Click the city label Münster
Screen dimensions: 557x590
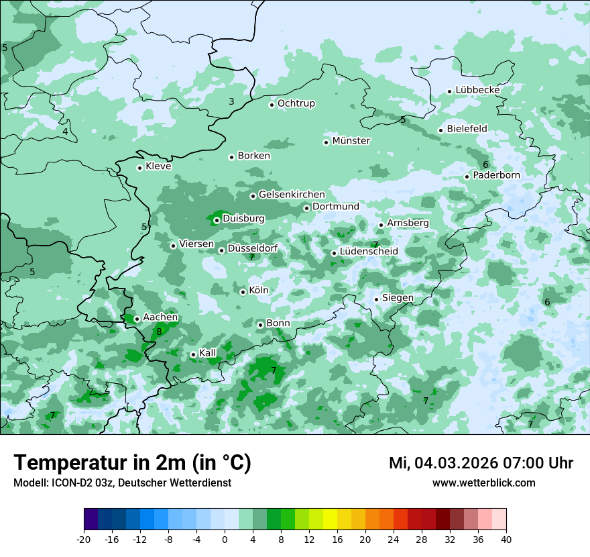tap(351, 141)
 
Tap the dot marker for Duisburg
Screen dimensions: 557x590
tap(217, 220)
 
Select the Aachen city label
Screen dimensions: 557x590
tap(160, 317)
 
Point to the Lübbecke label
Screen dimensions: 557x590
tap(477, 90)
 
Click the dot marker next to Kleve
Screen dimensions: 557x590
tap(139, 168)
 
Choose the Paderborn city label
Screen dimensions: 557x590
tap(496, 175)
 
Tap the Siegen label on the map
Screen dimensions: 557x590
tap(398, 298)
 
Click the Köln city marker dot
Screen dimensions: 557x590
tap(243, 292)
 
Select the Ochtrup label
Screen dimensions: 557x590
tap(296, 103)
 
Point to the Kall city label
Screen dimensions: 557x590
tap(208, 353)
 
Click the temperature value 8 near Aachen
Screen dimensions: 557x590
tap(159, 332)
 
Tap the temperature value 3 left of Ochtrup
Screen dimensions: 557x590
tap(231, 101)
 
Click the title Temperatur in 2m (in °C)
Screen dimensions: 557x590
tap(132, 462)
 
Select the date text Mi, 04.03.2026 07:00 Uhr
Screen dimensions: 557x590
tap(481, 463)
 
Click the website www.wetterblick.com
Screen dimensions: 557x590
tap(483, 483)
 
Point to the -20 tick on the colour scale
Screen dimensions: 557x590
tap(84, 539)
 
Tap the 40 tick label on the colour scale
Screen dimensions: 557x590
tap(506, 539)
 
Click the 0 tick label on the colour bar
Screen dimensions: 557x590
tap(225, 539)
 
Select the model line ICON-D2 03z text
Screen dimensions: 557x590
tap(122, 483)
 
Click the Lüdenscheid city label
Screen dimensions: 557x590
tap(369, 252)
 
